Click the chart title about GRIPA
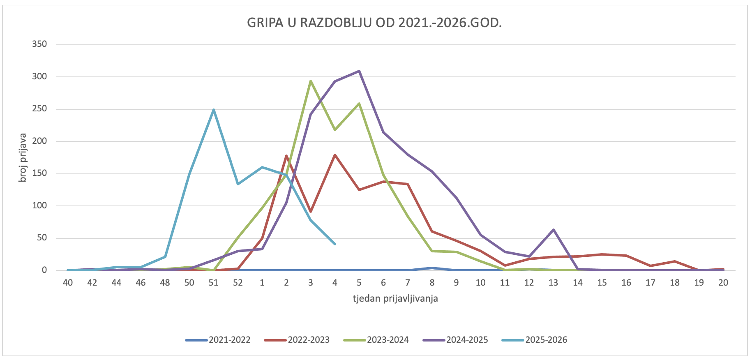(374, 23)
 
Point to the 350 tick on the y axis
(39, 44)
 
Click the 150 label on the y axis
(39, 173)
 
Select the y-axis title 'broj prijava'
(23, 157)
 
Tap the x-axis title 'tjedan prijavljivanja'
(395, 298)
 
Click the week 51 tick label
(213, 283)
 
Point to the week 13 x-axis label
(553, 283)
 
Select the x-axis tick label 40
(68, 283)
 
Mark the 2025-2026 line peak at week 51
(214, 110)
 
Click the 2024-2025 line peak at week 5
(359, 71)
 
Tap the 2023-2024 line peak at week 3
(311, 81)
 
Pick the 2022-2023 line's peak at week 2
(286, 156)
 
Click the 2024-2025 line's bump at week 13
(554, 230)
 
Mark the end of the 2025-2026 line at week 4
(335, 244)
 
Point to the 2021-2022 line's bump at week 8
(432, 268)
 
